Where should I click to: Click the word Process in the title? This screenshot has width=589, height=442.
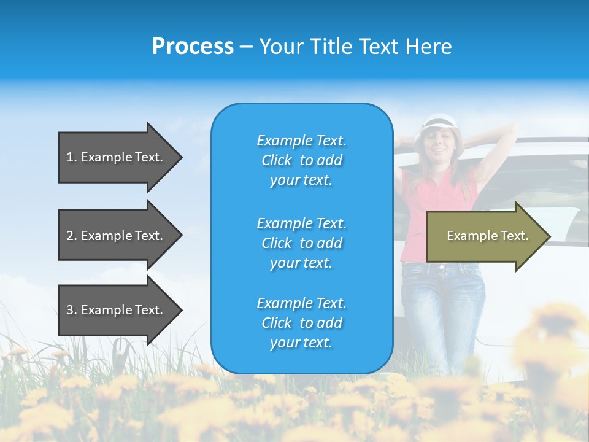pyautogui.click(x=193, y=47)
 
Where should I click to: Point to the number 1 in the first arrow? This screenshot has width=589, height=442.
pyautogui.click(x=70, y=157)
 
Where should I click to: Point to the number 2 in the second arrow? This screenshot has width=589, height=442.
pyautogui.click(x=70, y=236)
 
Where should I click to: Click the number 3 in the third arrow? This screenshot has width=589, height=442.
pyautogui.click(x=70, y=310)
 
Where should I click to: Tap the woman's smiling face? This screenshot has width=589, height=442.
pyautogui.click(x=437, y=142)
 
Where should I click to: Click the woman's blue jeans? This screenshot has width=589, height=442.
pyautogui.click(x=442, y=301)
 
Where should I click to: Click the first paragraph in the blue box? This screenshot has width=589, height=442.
pyautogui.click(x=301, y=160)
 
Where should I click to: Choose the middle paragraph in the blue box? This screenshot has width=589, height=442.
pyautogui.click(x=301, y=243)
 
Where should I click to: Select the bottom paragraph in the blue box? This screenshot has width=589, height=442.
pyautogui.click(x=301, y=323)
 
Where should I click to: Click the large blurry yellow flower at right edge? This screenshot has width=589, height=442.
pyautogui.click(x=552, y=344)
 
